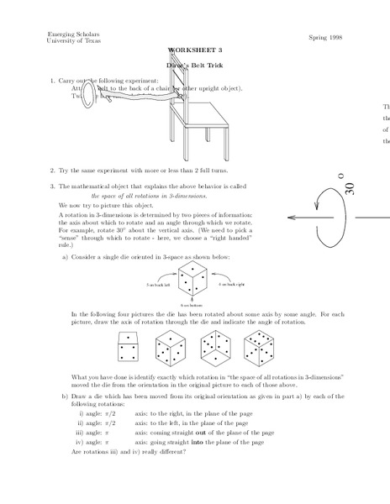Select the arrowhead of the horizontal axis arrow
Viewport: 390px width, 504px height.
coord(292,217)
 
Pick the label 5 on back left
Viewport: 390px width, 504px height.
coord(161,286)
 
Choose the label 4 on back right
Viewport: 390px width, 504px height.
coord(234,286)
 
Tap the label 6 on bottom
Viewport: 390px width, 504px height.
coord(193,304)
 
